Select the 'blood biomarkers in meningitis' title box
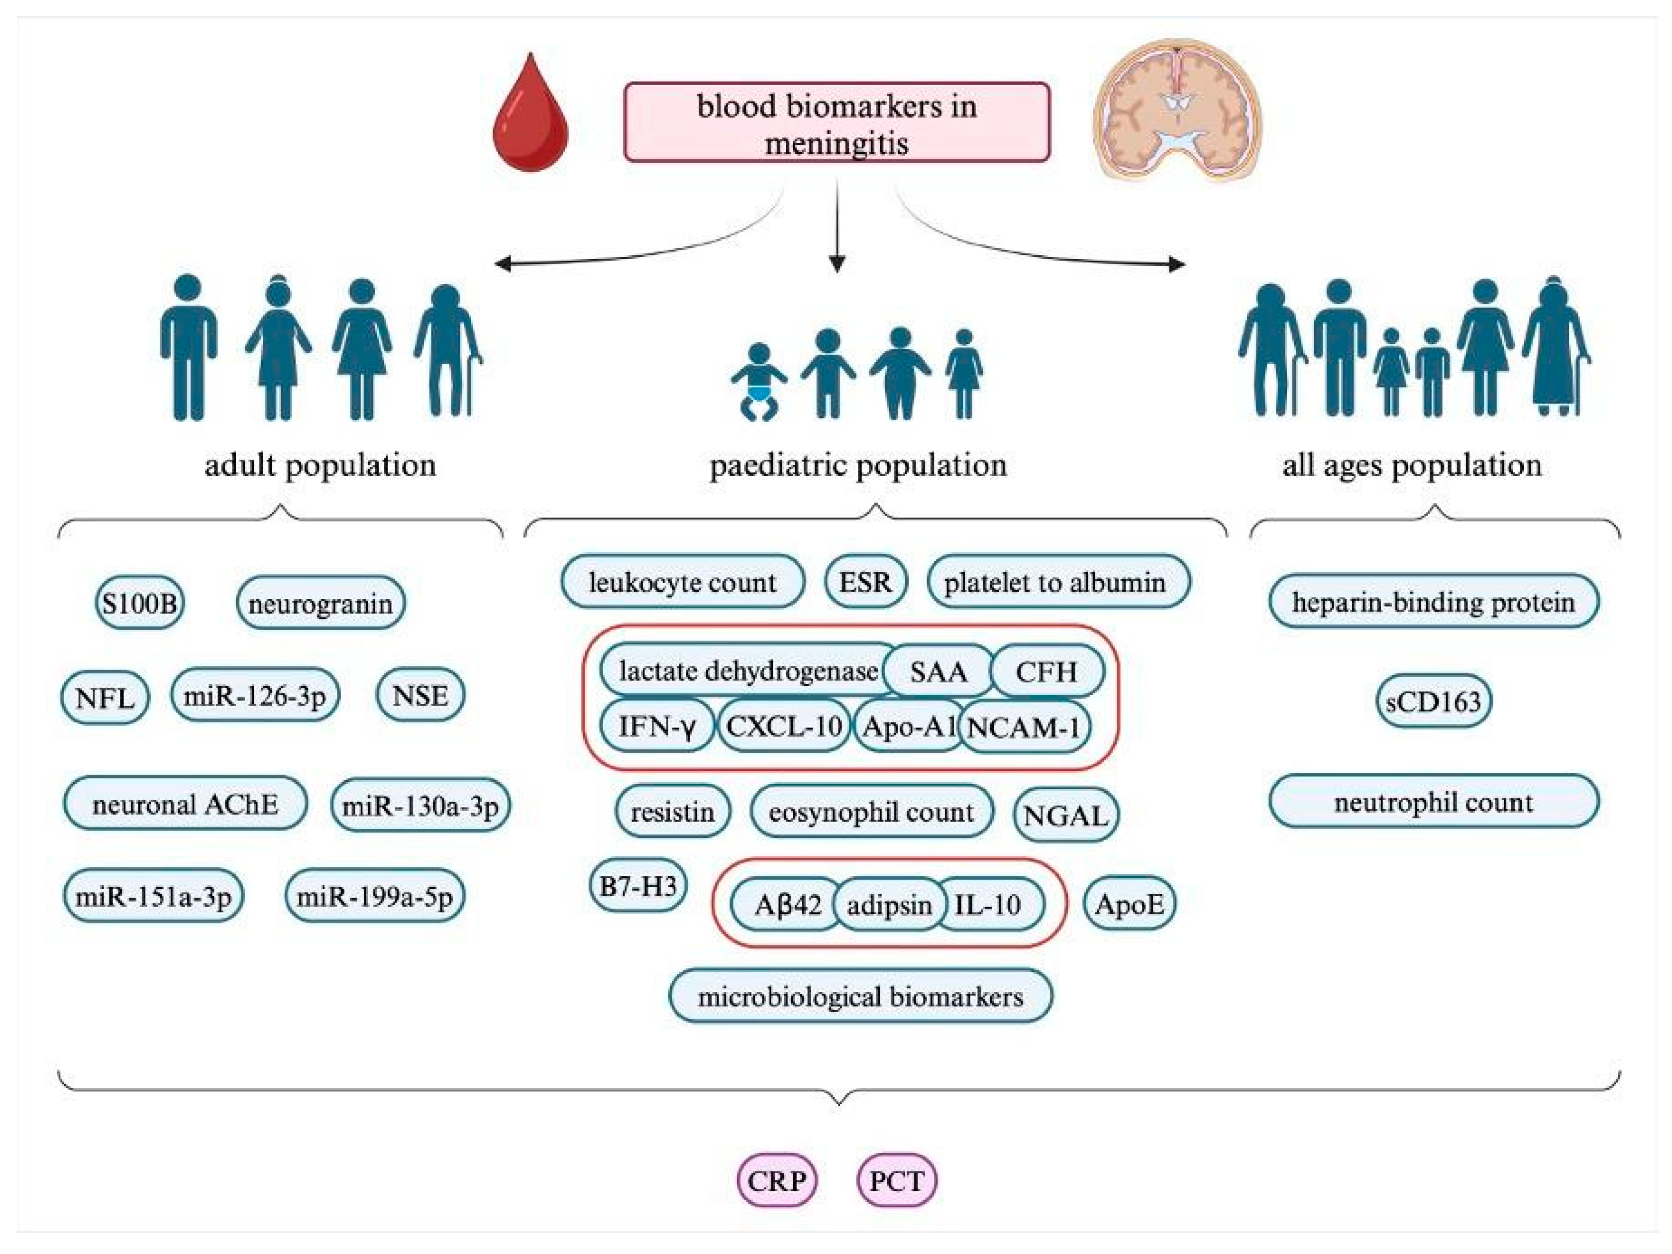click(x=837, y=122)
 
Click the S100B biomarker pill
click(x=140, y=603)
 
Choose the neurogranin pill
click(x=320, y=603)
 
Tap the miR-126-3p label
click(x=255, y=695)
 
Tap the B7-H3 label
click(x=638, y=885)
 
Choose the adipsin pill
click(x=889, y=904)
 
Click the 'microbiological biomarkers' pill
click(x=860, y=996)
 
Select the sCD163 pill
click(x=1433, y=701)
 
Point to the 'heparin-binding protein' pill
click(x=1434, y=602)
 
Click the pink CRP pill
click(x=777, y=1180)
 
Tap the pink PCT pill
click(x=897, y=1180)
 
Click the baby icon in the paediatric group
click(x=758, y=382)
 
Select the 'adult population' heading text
click(x=320, y=464)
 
